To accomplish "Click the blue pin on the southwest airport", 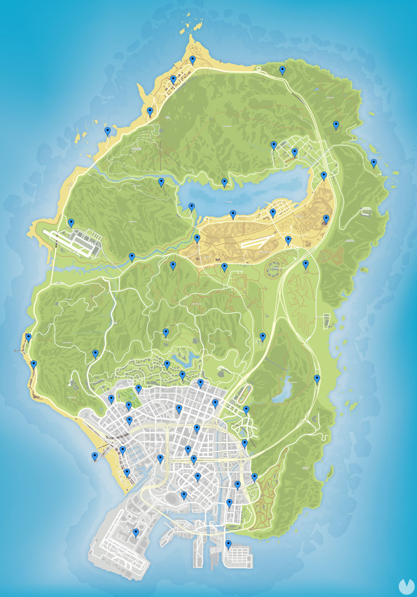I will point(136,533).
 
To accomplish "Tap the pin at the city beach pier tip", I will point(95,457).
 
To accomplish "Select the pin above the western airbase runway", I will point(71,223).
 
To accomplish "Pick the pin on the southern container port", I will point(229,544).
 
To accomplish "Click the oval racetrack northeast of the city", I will point(246,392).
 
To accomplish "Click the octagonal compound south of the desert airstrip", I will point(274,269).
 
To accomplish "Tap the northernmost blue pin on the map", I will point(193,60).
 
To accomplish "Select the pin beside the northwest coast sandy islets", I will point(108,132).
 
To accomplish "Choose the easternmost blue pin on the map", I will point(374,163).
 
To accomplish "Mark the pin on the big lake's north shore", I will point(224,183).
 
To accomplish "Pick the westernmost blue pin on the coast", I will point(28,338).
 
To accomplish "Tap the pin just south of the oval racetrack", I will point(246,410).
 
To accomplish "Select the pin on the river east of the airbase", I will point(132,257).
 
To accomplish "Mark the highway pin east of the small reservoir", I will point(317,379).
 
